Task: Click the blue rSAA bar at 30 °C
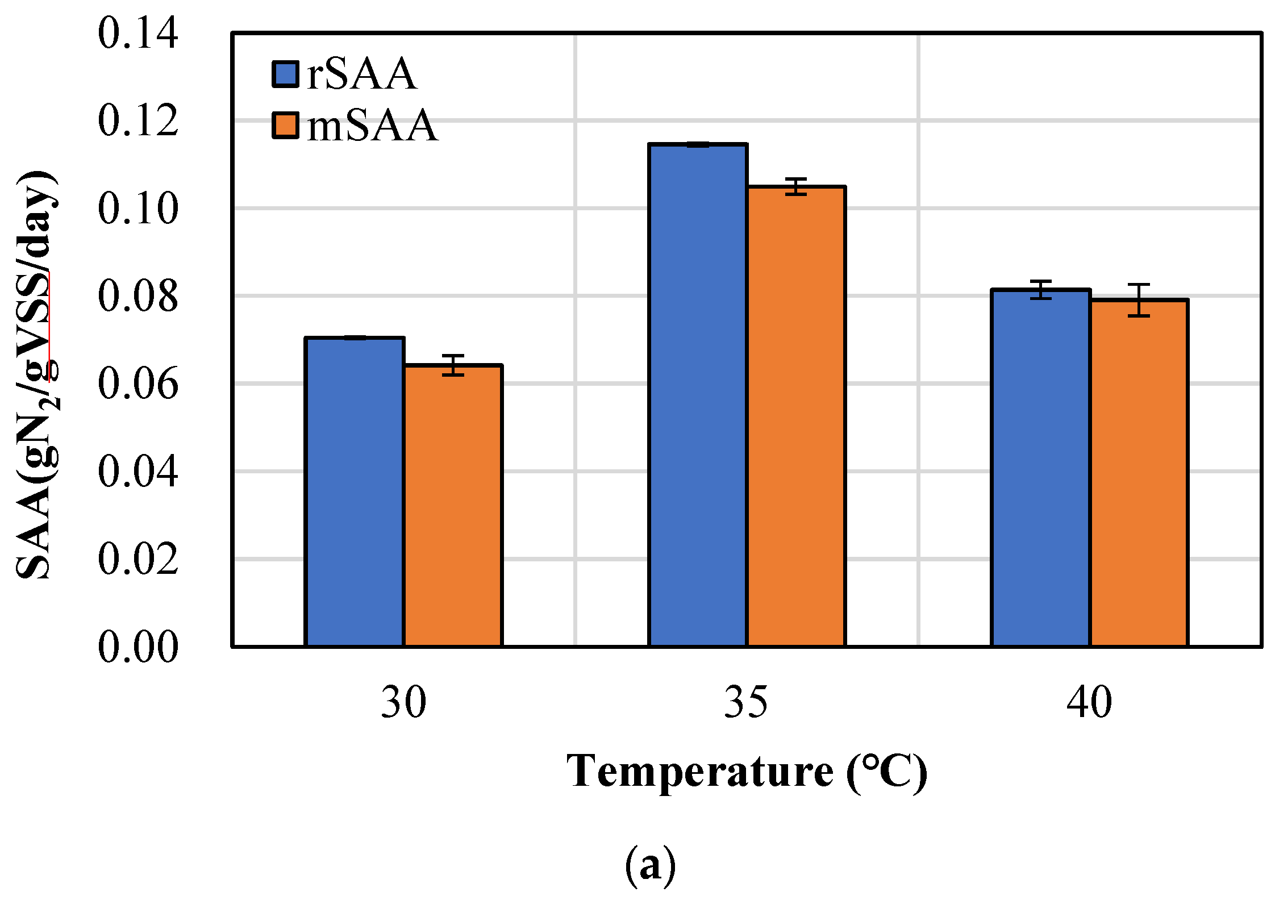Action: [x=355, y=492]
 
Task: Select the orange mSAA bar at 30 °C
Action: [x=453, y=506]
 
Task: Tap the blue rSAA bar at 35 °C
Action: [x=698, y=395]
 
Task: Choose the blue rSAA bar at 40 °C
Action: [x=1040, y=468]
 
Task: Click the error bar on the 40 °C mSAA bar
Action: [x=1139, y=300]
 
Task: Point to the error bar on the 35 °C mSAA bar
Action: [x=796, y=186]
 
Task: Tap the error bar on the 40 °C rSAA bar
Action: [x=1040, y=290]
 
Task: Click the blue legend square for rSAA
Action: [x=285, y=74]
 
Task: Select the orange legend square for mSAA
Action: [x=285, y=126]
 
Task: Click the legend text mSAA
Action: [x=372, y=126]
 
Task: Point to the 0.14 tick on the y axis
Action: [x=138, y=33]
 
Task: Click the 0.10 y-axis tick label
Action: [x=138, y=209]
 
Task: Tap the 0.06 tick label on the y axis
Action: [x=138, y=384]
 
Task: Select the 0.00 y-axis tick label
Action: [x=138, y=647]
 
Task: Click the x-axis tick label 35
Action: [x=746, y=703]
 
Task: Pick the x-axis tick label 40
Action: [x=1089, y=703]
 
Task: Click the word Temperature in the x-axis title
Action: [x=699, y=772]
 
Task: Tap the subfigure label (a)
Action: [x=651, y=866]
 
